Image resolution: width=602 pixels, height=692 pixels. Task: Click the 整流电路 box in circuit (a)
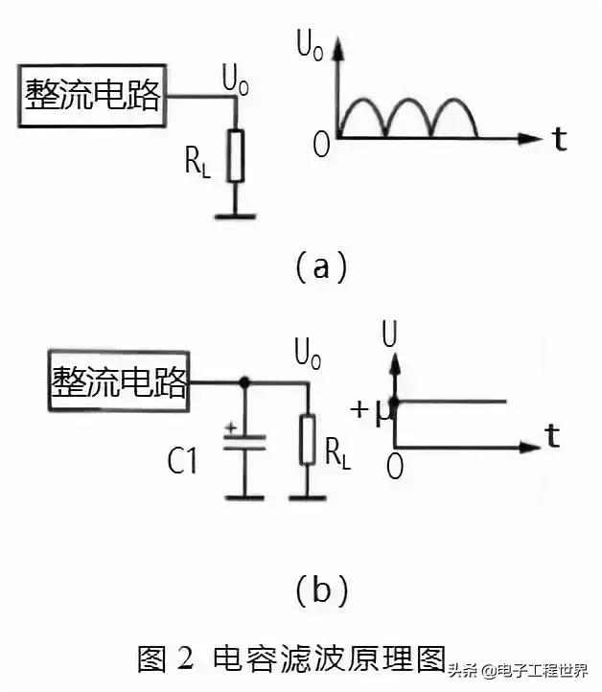[93, 96]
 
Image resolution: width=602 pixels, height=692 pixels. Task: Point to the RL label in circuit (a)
[197, 163]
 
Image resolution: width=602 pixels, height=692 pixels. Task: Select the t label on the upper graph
[559, 140]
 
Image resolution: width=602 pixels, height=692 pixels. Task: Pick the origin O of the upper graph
[320, 144]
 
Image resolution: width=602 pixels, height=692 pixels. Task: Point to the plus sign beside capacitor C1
[230, 428]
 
